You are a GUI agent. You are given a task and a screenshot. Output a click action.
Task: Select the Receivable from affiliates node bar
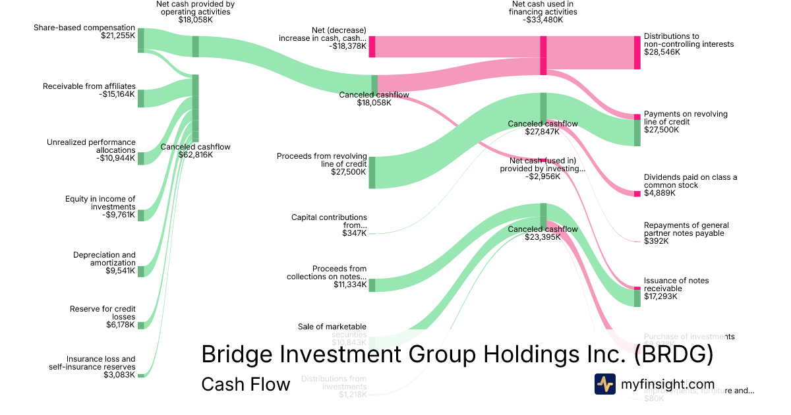(141, 98)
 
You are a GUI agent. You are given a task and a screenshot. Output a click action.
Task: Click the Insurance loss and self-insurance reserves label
(92, 363)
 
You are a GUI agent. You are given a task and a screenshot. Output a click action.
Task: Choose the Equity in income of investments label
(100, 203)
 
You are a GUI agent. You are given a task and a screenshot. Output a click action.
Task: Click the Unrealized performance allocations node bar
(141, 158)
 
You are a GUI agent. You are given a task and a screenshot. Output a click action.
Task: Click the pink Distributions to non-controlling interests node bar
(637, 53)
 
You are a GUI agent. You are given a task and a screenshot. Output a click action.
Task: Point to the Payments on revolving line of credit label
(686, 118)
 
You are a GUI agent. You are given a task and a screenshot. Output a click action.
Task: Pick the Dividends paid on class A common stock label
(690, 181)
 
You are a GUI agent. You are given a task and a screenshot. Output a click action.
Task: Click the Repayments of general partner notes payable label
(686, 229)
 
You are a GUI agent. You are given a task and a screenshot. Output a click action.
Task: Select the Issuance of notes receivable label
(676, 285)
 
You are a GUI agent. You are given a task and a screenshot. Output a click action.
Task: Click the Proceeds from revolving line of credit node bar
(372, 173)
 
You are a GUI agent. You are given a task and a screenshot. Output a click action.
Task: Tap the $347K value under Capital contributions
(354, 233)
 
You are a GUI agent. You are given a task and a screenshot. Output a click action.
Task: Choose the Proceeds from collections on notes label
(326, 273)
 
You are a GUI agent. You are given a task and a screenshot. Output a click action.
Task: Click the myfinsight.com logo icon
(604, 384)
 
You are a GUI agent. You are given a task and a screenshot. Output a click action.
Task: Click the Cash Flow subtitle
(245, 384)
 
